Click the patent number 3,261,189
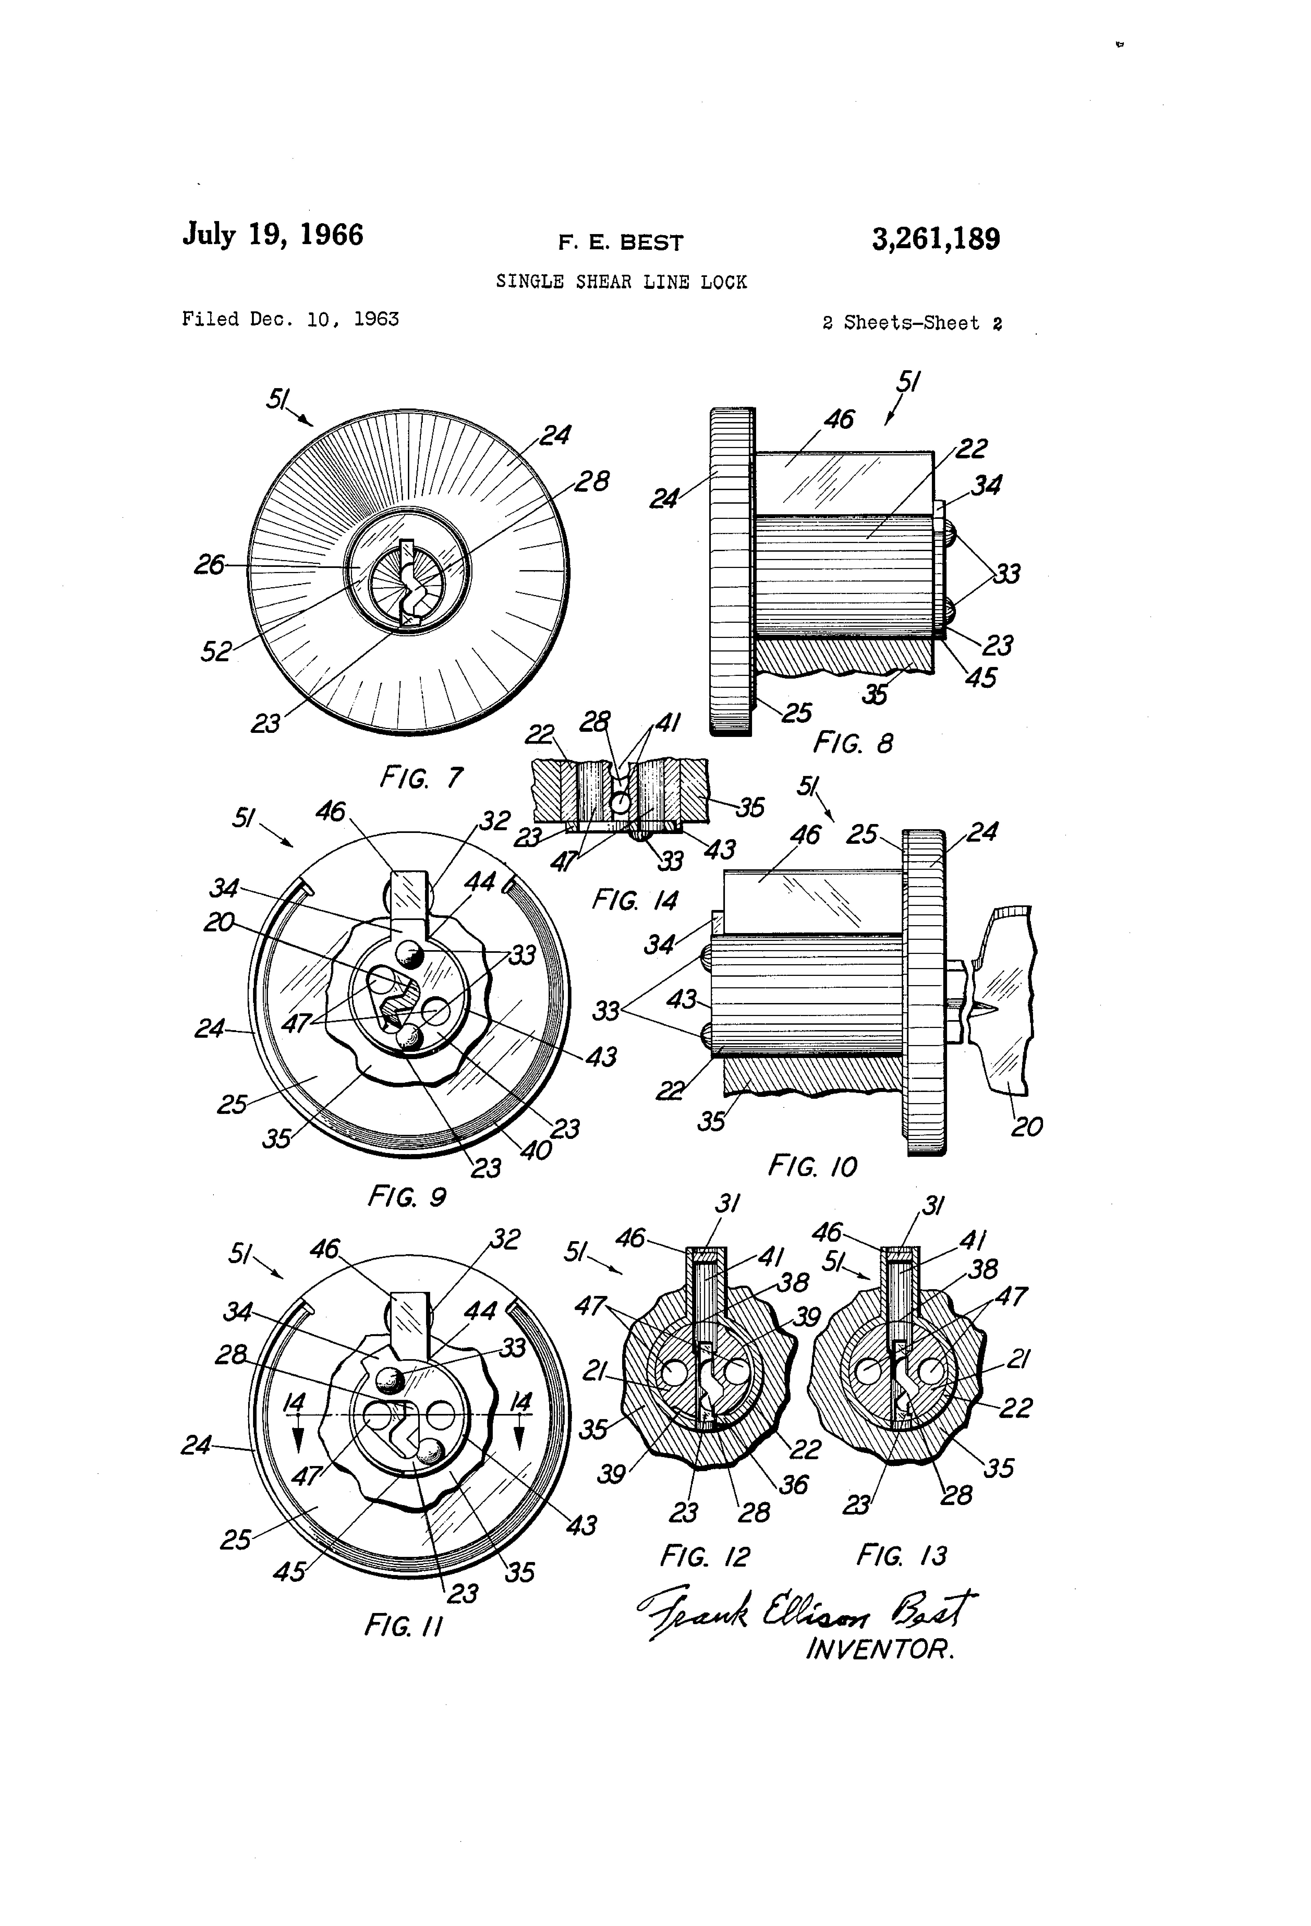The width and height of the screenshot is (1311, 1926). click(936, 239)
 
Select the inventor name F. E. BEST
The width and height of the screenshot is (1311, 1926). click(621, 243)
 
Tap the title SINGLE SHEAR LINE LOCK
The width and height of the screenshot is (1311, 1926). click(622, 282)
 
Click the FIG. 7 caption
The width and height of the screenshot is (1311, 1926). click(421, 777)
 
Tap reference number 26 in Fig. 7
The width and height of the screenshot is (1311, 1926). click(209, 565)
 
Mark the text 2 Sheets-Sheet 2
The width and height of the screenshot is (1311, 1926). click(912, 323)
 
